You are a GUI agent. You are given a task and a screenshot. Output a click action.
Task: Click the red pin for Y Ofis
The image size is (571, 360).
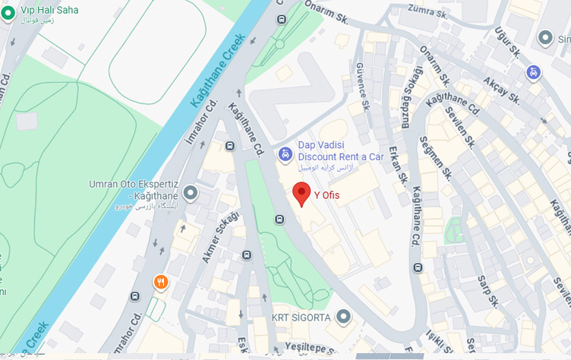(302, 193)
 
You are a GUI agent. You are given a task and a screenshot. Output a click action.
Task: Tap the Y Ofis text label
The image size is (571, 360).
(327, 195)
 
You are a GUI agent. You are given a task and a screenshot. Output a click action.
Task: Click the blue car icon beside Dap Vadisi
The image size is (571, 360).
(285, 154)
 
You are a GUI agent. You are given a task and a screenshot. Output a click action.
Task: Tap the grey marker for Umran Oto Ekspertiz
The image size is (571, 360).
(191, 193)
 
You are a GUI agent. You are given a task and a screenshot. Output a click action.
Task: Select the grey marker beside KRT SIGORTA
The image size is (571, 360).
(344, 316)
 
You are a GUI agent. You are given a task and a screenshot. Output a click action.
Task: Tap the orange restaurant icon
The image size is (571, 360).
(161, 283)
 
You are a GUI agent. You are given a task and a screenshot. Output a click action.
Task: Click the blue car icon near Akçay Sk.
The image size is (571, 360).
(534, 72)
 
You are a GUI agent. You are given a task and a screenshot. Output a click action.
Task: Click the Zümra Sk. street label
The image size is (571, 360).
(424, 9)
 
